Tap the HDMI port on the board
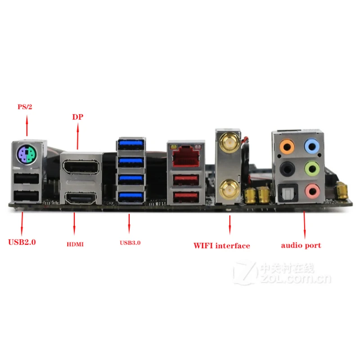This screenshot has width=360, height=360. (x=81, y=198)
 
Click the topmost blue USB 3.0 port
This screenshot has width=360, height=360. (x=130, y=144)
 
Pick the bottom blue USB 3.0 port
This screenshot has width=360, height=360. (x=130, y=196)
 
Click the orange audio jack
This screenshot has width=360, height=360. (x=287, y=146)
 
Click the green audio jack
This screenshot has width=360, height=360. (x=311, y=170)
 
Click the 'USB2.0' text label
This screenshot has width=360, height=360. (x=22, y=242)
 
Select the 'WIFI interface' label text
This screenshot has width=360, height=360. (x=221, y=246)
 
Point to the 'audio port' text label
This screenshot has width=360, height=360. (x=301, y=246)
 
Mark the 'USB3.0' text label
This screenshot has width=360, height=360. (x=130, y=243)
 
